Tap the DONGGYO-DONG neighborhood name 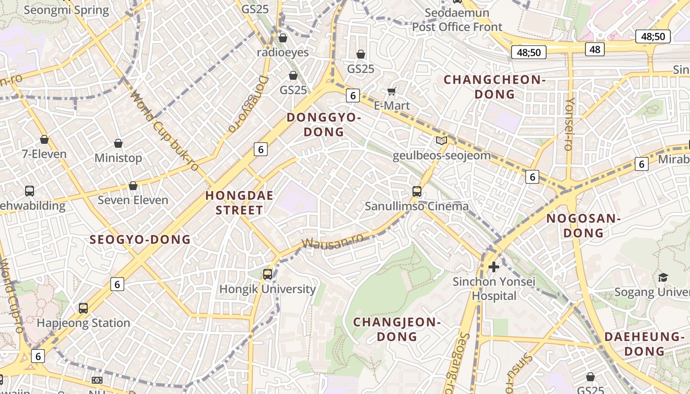[324, 125]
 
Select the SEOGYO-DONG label [140, 240]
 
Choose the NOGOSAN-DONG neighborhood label [583, 226]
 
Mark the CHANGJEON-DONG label [397, 329]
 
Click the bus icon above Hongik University [268, 274]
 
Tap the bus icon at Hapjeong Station [83, 308]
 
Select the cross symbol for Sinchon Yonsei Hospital [493, 267]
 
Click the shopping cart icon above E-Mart [392, 91]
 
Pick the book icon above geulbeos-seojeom [442, 141]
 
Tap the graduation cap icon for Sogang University [663, 277]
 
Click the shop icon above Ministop [118, 143]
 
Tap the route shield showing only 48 [595, 49]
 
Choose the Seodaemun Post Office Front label [457, 20]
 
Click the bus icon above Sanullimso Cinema [417, 191]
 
